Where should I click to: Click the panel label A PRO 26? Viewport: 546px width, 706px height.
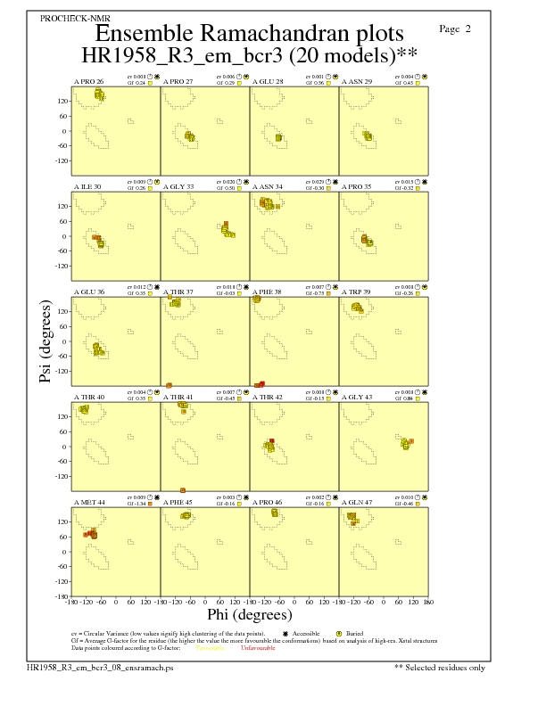tap(88, 81)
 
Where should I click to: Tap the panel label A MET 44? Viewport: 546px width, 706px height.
tap(89, 503)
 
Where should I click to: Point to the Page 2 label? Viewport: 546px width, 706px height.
tap(455, 29)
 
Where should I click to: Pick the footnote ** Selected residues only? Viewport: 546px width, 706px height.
tap(440, 667)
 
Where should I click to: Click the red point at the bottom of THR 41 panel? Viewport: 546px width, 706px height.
tap(183, 490)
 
